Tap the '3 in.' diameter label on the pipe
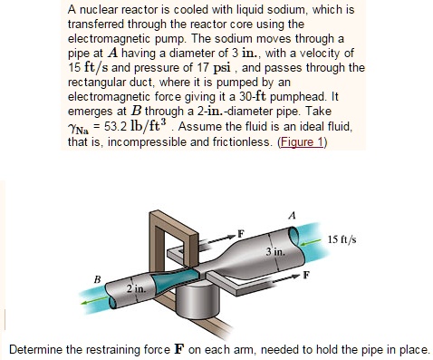pyautogui.click(x=275, y=249)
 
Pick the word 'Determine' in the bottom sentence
pyautogui.click(x=35, y=349)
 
